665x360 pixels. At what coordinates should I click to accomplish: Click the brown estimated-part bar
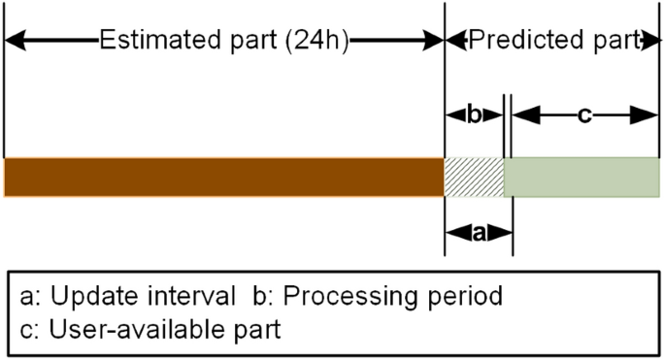coord(223,177)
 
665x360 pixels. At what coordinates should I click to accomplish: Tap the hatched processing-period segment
coord(474,177)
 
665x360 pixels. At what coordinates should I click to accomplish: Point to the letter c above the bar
coord(584,115)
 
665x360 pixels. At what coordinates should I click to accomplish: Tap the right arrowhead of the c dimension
coord(648,115)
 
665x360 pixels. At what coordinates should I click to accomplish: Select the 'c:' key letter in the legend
coord(29,330)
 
